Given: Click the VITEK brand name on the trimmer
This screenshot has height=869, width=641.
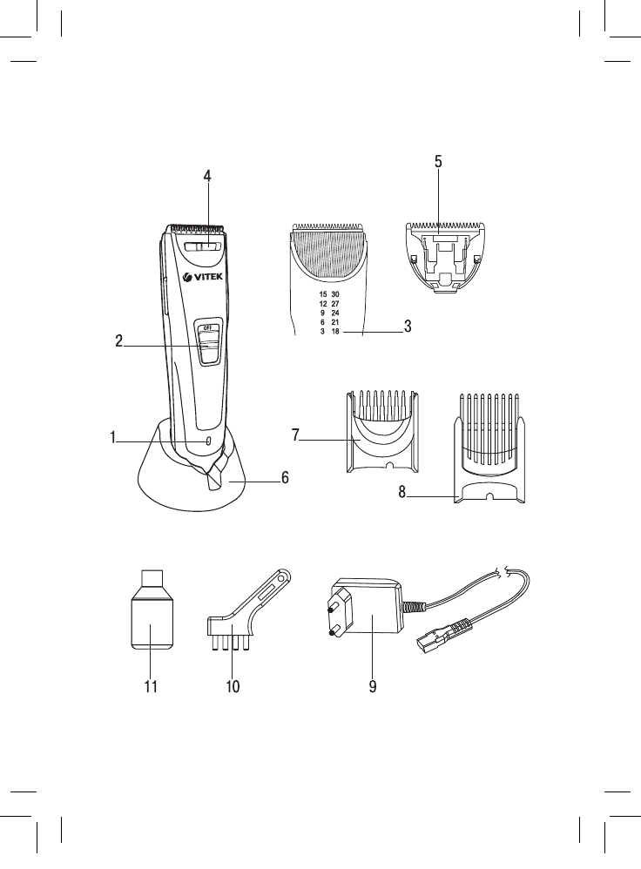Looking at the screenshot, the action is click(208, 277).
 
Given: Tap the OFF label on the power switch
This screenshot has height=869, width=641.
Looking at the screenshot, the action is click(207, 327).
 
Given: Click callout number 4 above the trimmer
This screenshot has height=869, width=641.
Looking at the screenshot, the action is click(207, 176).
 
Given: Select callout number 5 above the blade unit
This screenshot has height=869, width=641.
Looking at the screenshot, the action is click(438, 162).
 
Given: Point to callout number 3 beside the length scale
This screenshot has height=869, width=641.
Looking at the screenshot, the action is click(408, 327).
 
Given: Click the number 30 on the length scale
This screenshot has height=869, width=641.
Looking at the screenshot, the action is click(335, 294).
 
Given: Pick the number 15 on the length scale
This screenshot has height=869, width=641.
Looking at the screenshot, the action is click(323, 294).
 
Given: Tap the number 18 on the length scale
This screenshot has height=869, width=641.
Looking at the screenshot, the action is click(335, 332).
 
